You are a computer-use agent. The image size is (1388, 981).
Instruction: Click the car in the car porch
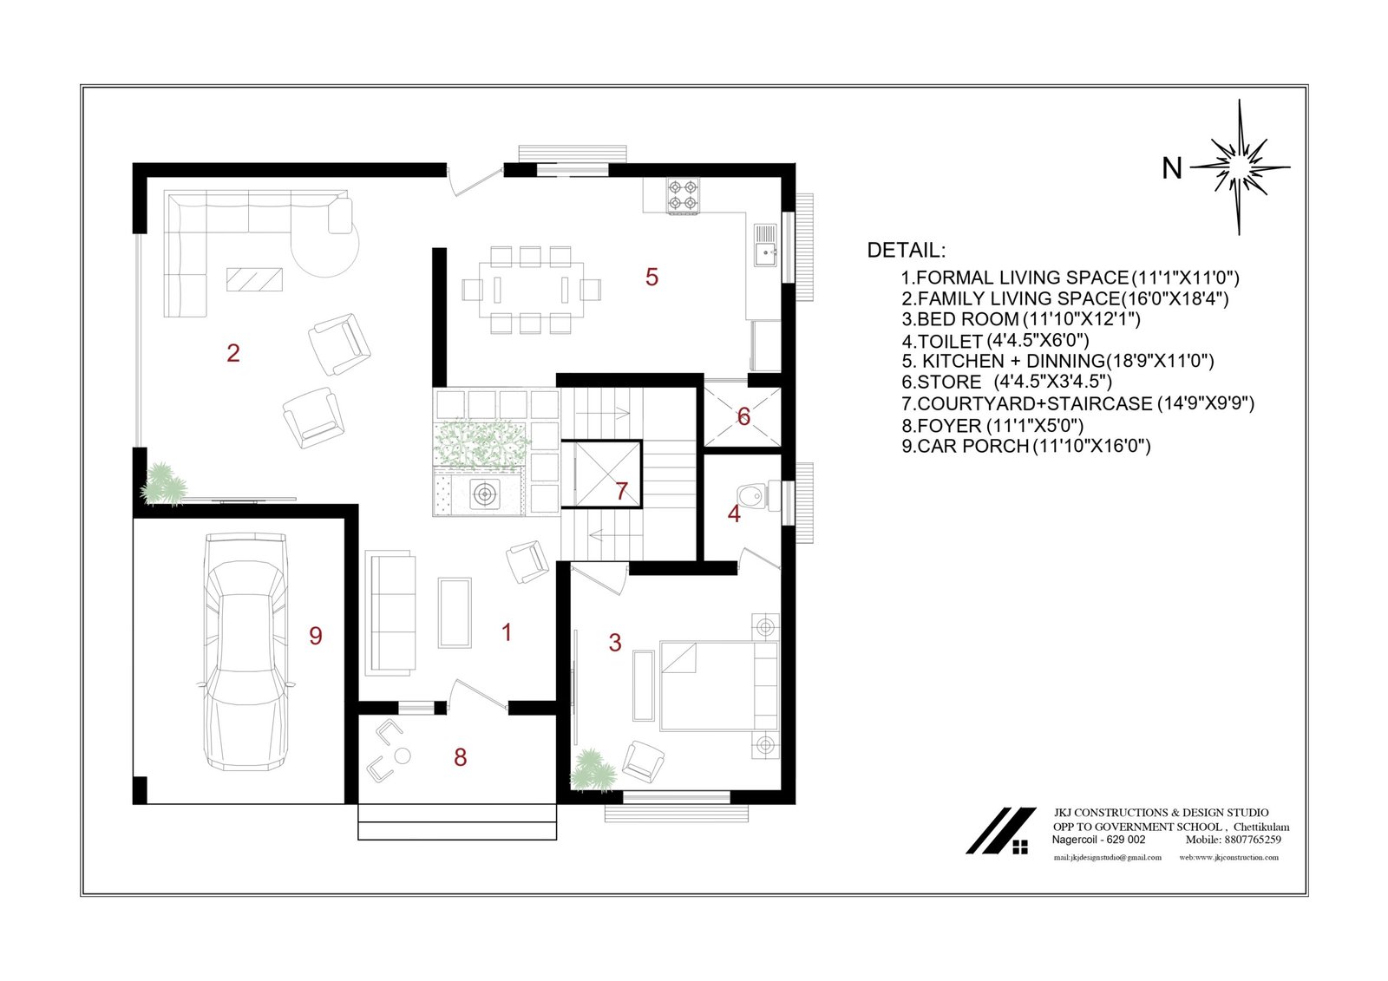[x=246, y=651]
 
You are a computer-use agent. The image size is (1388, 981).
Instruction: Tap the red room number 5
[x=651, y=277]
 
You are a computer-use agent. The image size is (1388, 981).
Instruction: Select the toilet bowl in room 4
[x=750, y=495]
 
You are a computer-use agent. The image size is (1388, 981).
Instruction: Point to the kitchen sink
[x=765, y=245]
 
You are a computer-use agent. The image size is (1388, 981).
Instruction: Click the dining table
[x=531, y=290]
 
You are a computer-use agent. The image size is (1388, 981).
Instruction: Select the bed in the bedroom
[x=719, y=686]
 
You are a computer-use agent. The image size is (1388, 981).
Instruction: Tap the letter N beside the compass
[x=1172, y=168]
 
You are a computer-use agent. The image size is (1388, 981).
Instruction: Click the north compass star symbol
[x=1240, y=167]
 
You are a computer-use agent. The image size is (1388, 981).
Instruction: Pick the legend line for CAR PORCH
[x=1026, y=446]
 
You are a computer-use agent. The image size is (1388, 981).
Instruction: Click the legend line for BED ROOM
[x=1021, y=319]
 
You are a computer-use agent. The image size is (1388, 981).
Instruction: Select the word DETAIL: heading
[x=907, y=251]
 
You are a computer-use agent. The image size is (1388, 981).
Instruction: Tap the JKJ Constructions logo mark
[x=1001, y=830]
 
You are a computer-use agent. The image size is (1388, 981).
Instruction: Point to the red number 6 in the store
[x=743, y=416]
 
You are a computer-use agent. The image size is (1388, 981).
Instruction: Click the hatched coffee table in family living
[x=255, y=279]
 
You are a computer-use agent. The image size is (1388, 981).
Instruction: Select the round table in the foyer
[x=403, y=756]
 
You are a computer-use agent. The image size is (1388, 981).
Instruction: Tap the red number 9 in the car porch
[x=316, y=636]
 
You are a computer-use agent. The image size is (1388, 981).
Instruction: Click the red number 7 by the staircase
[x=622, y=491]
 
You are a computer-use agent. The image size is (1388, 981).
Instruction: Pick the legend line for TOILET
[x=995, y=341]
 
